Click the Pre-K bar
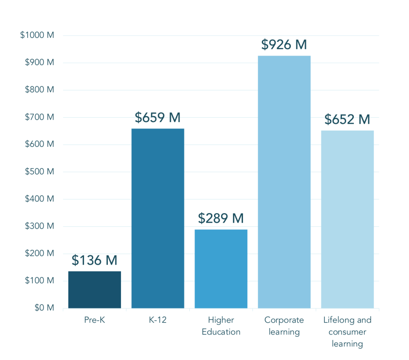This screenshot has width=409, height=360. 95,290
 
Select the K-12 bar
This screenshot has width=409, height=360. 158,218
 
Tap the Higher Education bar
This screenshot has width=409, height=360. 221,269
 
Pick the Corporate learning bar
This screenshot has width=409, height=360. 284,182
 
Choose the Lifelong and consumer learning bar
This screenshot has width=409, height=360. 347,219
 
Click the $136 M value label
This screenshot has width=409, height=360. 95,260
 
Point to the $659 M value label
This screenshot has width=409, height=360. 158,118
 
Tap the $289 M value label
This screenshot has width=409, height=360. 221,218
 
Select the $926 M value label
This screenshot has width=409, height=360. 284,44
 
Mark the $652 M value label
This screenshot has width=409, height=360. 347,119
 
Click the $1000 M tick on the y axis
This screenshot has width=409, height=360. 37,35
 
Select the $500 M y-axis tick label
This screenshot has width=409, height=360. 39,172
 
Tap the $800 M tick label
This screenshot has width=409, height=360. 39,90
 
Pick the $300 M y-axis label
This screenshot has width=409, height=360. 39,226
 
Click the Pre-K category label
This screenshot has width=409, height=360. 95,320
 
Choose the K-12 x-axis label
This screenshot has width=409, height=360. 158,320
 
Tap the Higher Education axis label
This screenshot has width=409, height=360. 221,326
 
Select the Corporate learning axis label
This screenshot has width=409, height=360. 284,326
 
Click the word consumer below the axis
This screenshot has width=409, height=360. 347,332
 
